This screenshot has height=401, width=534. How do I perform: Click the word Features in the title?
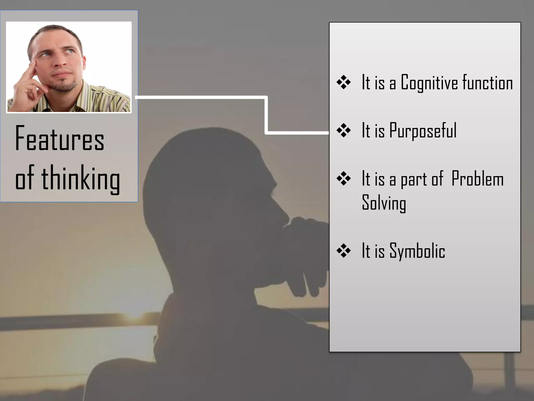point(60,138)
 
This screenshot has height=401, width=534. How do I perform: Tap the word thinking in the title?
point(81,179)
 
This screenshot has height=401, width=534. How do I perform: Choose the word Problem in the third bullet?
point(477,179)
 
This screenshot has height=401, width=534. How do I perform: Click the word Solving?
point(384,203)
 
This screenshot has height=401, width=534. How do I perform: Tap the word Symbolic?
point(417,251)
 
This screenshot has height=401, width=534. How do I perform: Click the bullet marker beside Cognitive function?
point(343,82)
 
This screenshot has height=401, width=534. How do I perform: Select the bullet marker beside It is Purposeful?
point(343,131)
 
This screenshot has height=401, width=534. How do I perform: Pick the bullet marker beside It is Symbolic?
point(343,251)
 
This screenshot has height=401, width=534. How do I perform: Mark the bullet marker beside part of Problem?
point(343,179)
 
